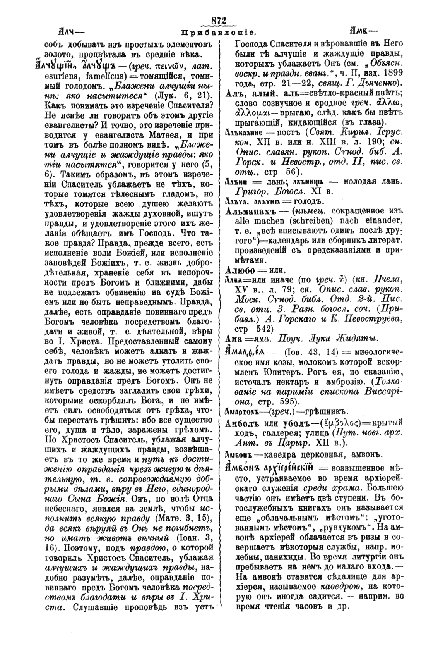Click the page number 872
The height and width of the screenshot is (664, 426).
[x=219, y=21]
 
